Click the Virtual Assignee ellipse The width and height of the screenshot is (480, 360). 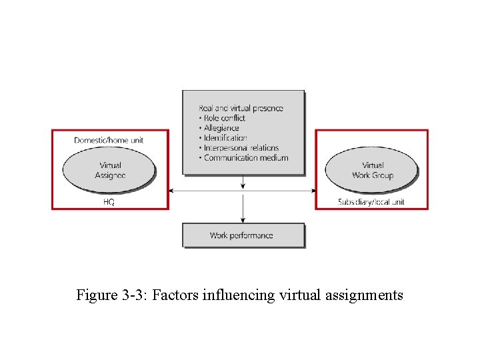pos(109,170)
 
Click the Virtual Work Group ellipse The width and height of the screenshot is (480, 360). pos(371,170)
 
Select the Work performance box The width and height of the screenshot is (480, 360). pos(243,235)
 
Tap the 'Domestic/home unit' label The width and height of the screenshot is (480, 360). pos(109,140)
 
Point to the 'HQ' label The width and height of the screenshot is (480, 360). pos(109,201)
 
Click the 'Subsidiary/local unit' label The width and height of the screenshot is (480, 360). pos(371,201)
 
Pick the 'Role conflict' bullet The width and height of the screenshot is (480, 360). pos(224,118)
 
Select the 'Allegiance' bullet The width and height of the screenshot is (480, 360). pos(221,128)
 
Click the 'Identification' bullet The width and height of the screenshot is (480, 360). pos(225,138)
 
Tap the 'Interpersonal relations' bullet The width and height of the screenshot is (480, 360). pos(241,148)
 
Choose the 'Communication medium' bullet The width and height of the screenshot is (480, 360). pos(245,158)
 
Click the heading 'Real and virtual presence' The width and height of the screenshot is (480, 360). pos(241,108)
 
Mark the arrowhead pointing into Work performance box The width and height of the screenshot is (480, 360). pos(243,220)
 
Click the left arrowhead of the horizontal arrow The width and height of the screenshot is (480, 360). pos(172,191)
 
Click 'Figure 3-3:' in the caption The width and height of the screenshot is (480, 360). pos(112,295)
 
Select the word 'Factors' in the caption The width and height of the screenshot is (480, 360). pos(173,295)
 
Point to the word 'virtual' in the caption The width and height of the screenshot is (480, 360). pos(300,295)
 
